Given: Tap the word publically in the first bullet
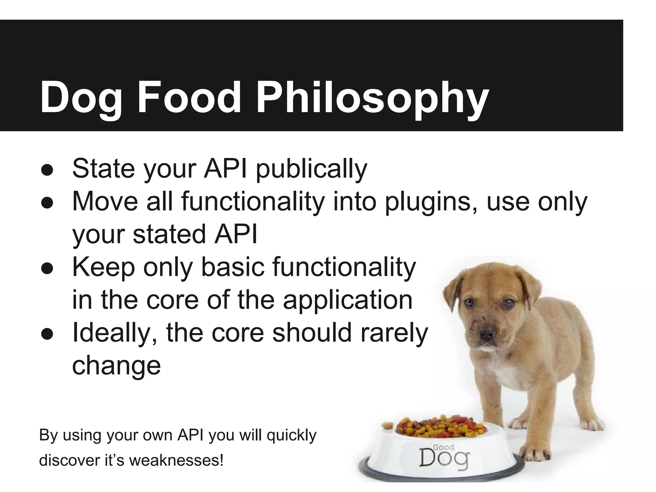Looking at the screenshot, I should pos(311,169).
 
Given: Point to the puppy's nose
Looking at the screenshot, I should pos(487,334).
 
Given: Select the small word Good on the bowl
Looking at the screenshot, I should pos(444,447).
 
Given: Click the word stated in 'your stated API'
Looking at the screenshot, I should pos(169,234).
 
